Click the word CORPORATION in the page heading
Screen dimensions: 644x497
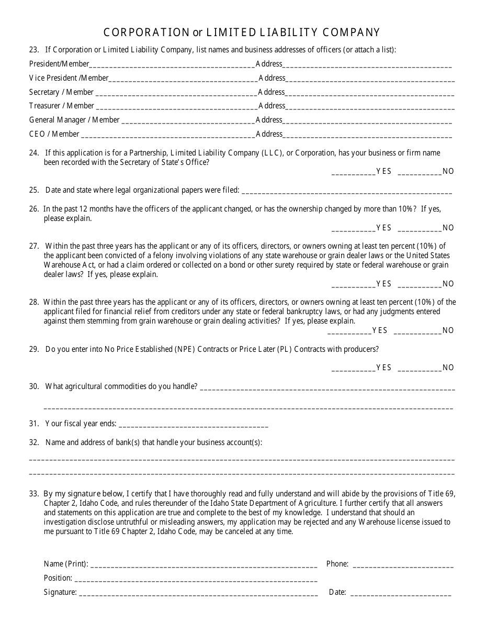146,32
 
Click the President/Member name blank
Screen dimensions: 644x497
172,65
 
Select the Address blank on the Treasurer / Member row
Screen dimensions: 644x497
370,107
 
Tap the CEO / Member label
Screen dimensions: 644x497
54,134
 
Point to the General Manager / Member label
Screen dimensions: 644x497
74,120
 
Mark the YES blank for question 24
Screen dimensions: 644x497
353,172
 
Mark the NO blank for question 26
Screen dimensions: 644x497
420,228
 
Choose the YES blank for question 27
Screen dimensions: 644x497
353,284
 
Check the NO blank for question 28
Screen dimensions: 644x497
417,331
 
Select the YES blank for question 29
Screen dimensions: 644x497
353,368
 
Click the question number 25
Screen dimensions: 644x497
34,190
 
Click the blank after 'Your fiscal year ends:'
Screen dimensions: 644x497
193,425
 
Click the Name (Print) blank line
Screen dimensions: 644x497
204,565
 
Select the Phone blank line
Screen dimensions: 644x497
403,565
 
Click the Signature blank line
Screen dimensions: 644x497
198,593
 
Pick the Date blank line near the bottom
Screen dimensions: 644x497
400,593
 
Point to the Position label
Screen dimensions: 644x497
58,579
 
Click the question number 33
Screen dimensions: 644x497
34,494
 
